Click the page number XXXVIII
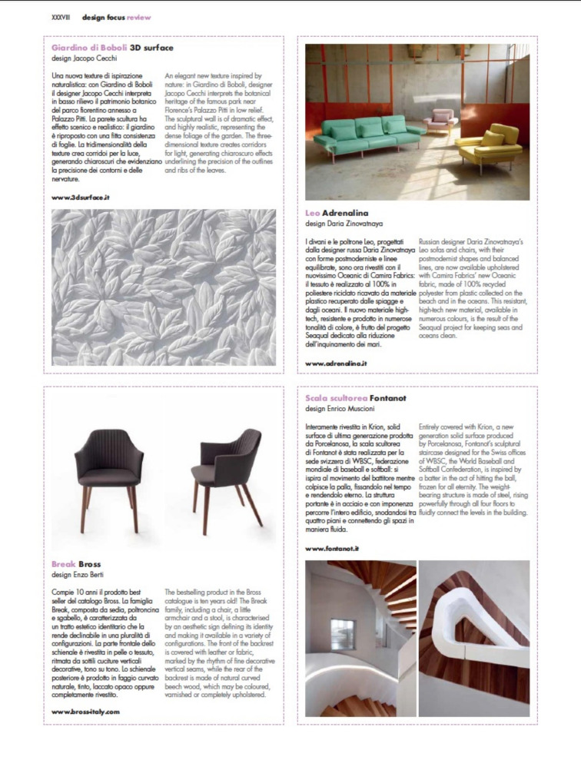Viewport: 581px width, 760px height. (59, 17)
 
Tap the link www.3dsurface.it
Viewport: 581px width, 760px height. (80, 197)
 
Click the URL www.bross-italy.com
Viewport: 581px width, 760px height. (85, 712)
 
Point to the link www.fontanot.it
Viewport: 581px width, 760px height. (332, 549)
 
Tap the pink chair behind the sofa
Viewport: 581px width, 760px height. (441, 120)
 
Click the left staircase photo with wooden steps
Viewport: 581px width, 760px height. (360, 637)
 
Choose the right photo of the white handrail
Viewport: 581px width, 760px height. (473, 637)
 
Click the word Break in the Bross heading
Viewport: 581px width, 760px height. (64, 565)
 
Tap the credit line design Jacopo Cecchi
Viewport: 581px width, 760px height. (85, 58)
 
